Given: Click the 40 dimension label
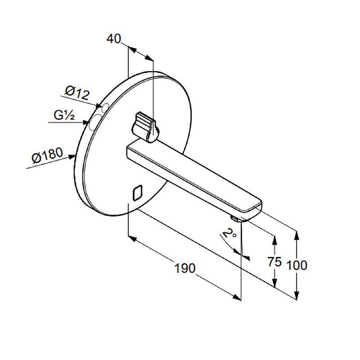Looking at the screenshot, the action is pos(113,39).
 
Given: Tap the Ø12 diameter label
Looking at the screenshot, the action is pos(77,92).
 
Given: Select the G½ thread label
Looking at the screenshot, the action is pos(64,115).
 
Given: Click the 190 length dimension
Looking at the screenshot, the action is pos(185,268).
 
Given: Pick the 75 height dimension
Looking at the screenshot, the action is pos(274,262).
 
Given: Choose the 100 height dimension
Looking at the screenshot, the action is pos(297,265).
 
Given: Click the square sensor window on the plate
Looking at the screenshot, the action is pos(138,193).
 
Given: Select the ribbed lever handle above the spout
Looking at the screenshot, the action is pos(144,127).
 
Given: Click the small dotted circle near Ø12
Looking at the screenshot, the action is pos(105,107).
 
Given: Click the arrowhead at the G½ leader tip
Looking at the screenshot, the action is pos(86,122).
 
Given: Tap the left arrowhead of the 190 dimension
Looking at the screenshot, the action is pos(131,238).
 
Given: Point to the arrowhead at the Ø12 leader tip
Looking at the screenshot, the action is pos(99,106).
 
